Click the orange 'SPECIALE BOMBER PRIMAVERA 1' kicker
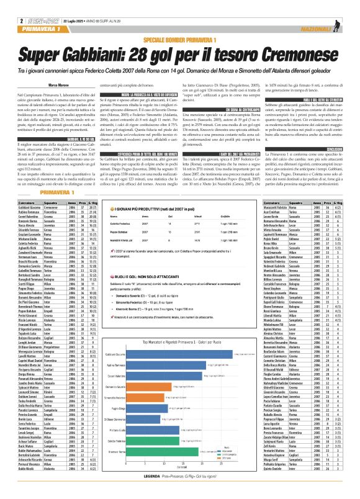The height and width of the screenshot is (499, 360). point(179,38)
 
